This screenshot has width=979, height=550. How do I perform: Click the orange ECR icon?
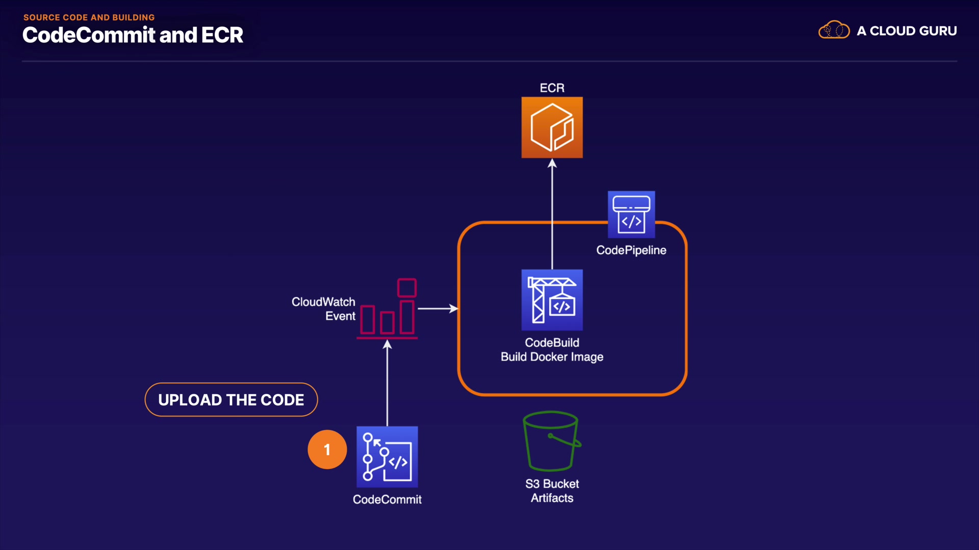[x=552, y=127]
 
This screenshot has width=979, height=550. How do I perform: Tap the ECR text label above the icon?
[x=552, y=88]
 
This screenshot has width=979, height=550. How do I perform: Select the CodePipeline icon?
[x=631, y=214]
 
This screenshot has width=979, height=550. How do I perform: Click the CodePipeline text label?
[x=631, y=250]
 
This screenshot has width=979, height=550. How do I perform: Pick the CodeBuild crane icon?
[x=552, y=300]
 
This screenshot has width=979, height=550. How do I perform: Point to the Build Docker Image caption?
[x=552, y=357]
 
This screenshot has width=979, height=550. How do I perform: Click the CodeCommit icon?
[x=387, y=457]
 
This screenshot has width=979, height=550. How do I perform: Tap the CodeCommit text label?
[x=387, y=500]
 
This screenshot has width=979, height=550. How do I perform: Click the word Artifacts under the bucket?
[x=552, y=498]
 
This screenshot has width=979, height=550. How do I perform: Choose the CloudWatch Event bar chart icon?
[x=388, y=309]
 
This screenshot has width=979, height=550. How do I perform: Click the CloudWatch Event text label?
[x=323, y=309]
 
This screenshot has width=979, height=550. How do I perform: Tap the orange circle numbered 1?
[x=327, y=449]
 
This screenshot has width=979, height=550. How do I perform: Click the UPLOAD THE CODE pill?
[x=231, y=400]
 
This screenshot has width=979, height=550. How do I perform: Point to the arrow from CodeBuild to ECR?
[x=552, y=214]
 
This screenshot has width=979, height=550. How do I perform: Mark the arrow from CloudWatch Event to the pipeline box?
[x=437, y=309]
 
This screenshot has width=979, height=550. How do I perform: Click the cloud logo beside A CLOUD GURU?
[x=834, y=31]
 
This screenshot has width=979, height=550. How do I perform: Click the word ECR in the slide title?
[x=222, y=35]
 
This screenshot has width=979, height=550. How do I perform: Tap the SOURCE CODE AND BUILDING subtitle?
[x=89, y=17]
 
